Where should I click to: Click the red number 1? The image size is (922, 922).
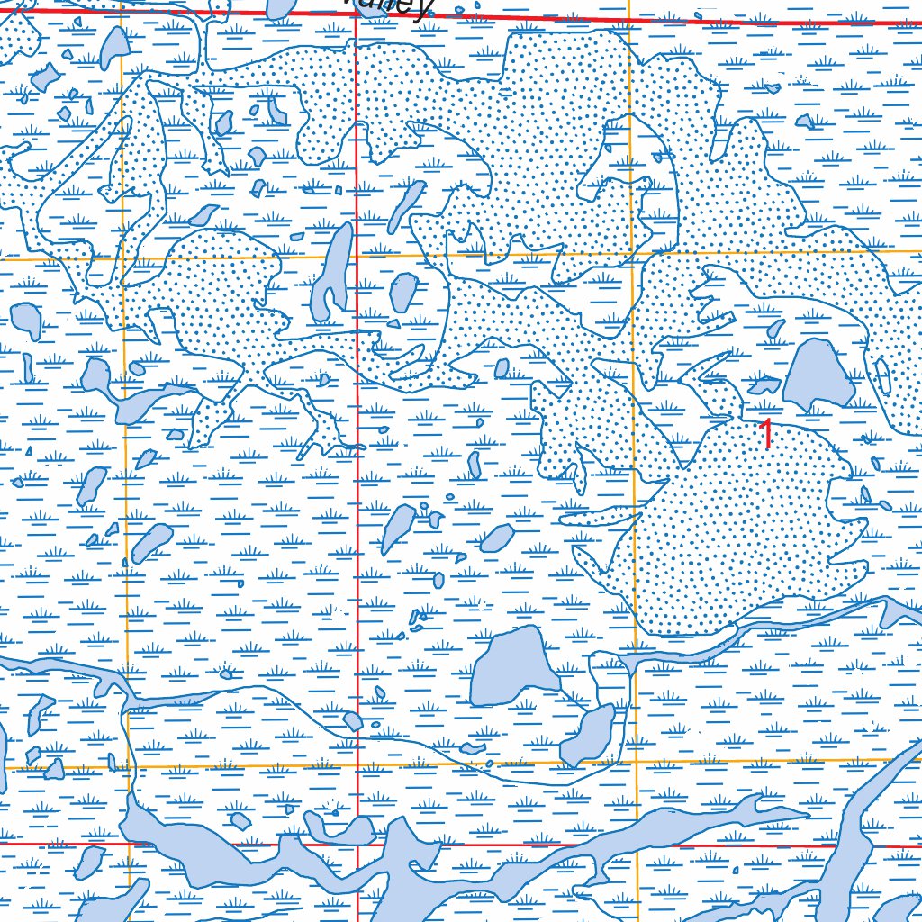pos(767,434)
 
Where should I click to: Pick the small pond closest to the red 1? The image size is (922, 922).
pos(764,386)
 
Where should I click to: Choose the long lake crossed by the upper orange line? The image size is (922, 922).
pos(332,270)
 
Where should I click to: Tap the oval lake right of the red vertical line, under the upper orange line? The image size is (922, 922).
pos(402,292)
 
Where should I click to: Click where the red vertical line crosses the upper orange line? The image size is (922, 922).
pos(357,257)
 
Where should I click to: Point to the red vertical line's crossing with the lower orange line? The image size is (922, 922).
pos(357,765)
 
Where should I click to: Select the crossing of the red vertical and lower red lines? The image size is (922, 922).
pos(357,845)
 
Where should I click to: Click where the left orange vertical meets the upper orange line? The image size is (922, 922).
pos(123,259)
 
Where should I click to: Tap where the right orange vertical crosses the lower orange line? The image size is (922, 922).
pos(637,764)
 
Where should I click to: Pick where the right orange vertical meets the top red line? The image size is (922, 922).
pos(628,18)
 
